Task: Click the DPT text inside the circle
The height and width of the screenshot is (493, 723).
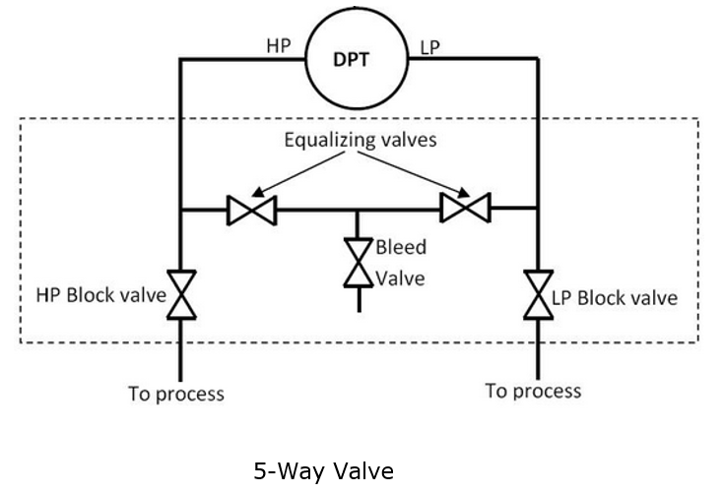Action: [x=351, y=60]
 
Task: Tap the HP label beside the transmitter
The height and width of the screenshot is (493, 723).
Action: [x=279, y=46]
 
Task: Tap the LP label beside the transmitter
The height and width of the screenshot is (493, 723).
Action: [x=429, y=47]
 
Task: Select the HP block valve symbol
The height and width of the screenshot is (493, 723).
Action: [x=181, y=295]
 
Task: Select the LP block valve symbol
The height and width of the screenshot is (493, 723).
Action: [x=538, y=295]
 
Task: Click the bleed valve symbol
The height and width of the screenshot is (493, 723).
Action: [x=359, y=263]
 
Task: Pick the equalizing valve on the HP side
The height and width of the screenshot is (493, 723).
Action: [x=252, y=211]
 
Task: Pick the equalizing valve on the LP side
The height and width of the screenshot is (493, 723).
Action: [x=465, y=208]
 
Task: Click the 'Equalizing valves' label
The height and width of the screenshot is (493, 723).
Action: [x=361, y=140]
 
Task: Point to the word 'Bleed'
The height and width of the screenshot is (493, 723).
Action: [x=401, y=247]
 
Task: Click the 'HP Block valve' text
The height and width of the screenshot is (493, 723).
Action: [x=101, y=295]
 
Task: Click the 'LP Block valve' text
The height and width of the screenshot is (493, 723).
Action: [x=615, y=297]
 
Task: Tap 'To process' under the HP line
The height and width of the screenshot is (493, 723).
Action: [x=176, y=394]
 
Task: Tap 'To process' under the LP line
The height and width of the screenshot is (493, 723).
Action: [x=533, y=391]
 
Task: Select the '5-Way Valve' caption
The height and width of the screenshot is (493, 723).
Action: [x=324, y=471]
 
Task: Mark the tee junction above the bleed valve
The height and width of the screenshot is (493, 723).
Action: [x=358, y=211]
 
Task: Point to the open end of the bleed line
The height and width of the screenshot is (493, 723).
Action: [x=360, y=312]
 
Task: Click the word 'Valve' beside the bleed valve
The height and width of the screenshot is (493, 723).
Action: [x=400, y=278]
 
